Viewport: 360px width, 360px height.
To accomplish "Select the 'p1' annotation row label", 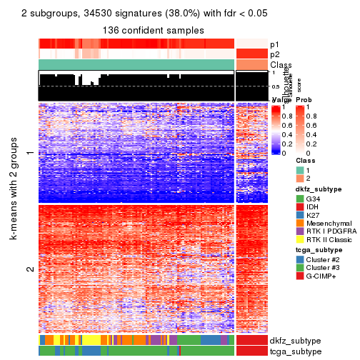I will (274, 44).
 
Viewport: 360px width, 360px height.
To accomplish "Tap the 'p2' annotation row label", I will (274, 54).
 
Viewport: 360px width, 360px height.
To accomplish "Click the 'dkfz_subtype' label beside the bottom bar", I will (294, 341).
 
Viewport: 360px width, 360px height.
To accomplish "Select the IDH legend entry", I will (292, 208).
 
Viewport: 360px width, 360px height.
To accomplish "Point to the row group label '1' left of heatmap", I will (29, 153).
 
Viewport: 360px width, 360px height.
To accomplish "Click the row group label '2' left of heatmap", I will (29, 269).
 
